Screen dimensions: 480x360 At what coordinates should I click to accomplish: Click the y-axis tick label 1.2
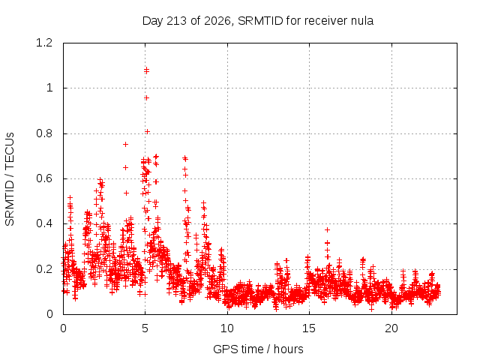pos(44,43)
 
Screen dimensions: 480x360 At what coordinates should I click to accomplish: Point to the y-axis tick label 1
pos(49,88)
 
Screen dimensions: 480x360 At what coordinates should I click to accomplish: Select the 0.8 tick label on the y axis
pos(44,133)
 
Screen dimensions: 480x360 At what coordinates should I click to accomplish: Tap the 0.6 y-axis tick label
pos(44,178)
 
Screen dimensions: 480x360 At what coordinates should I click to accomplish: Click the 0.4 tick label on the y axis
pos(44,223)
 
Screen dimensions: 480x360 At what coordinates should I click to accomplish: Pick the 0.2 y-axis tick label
pos(44,269)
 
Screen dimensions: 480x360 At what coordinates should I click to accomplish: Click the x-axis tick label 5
pos(145,328)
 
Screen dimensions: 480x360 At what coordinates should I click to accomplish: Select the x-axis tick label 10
pos(227,328)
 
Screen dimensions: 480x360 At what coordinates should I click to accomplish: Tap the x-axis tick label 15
pos(309,328)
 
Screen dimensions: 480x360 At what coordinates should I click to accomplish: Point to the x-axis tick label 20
pos(391,328)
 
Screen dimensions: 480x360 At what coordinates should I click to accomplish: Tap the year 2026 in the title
pos(217,21)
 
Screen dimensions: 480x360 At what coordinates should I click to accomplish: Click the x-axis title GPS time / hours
pos(258,349)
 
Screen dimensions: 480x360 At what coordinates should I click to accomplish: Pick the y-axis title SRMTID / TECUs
pos(10,179)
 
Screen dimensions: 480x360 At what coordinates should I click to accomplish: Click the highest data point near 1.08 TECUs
pos(147,70)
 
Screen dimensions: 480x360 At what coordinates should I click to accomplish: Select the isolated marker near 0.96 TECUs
pos(147,97)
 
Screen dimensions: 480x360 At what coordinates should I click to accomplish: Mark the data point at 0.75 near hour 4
pos(125,144)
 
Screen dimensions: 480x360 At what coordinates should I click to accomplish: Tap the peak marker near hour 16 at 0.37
pos(327,229)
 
